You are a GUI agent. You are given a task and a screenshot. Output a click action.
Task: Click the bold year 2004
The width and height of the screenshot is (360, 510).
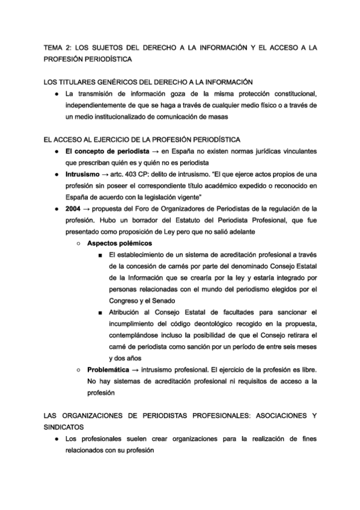coord(74,208)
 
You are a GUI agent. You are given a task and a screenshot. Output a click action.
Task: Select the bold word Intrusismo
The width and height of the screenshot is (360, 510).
coord(85,173)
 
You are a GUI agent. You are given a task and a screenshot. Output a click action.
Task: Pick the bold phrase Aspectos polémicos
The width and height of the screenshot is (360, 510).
coord(120,243)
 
